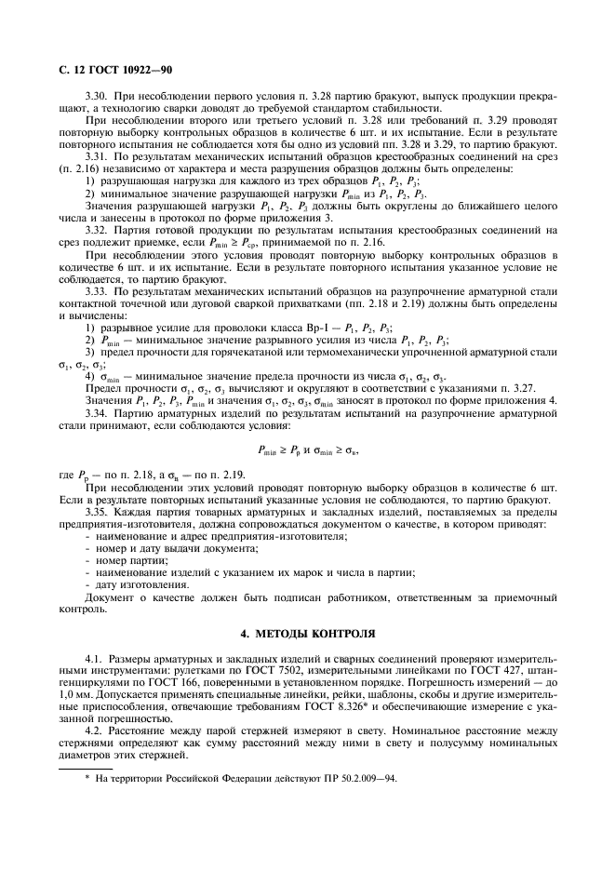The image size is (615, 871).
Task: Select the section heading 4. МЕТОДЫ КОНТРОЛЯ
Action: pos(307,634)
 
